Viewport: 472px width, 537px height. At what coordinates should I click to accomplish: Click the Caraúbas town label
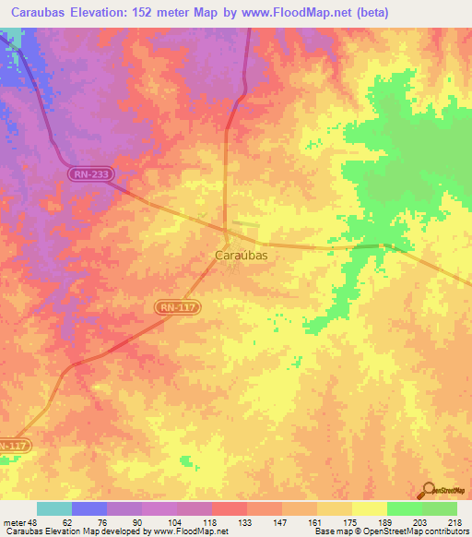point(241,255)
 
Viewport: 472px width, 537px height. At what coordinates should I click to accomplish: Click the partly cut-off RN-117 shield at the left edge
point(14,445)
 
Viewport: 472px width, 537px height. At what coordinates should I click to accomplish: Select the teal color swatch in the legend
point(54,508)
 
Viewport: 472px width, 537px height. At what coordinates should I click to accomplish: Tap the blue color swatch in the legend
point(89,508)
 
